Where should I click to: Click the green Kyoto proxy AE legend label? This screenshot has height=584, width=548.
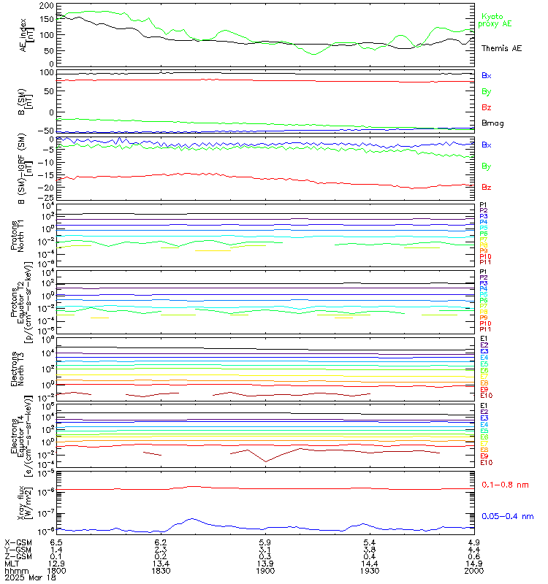(x=495, y=20)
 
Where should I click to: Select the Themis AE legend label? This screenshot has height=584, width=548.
(x=501, y=48)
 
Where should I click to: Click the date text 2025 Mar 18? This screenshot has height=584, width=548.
(x=26, y=579)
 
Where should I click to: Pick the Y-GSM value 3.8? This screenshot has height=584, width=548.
(x=370, y=550)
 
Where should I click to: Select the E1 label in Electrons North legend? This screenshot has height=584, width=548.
(x=484, y=339)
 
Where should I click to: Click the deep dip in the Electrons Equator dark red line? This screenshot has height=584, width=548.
(x=265, y=461)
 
